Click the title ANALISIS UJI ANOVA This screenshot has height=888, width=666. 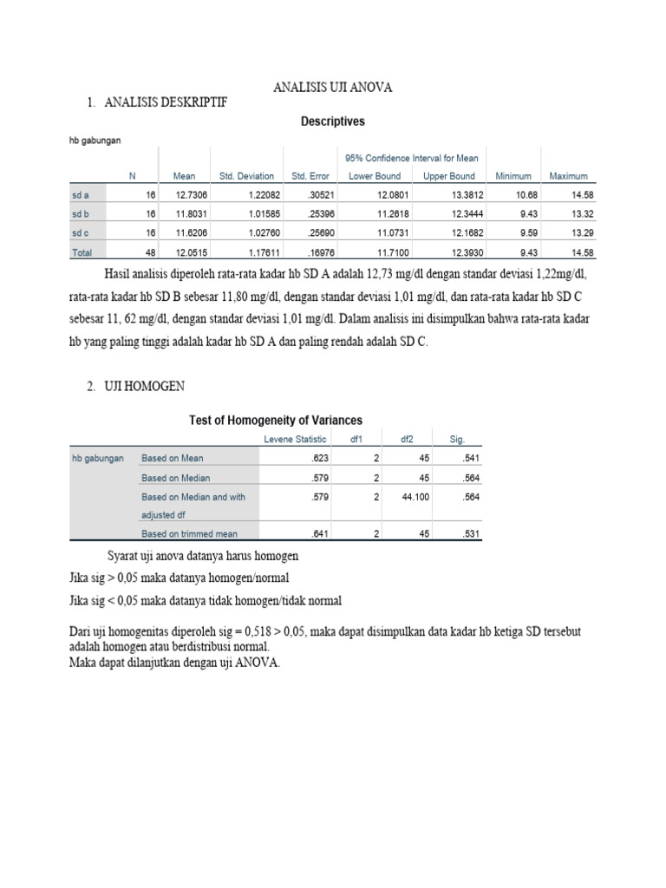[x=332, y=87]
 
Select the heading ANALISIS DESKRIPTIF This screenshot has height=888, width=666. [x=165, y=103]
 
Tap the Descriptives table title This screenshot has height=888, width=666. [x=332, y=122]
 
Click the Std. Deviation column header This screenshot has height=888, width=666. [x=246, y=176]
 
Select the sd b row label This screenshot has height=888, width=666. [x=82, y=214]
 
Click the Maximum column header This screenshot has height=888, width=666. [x=568, y=176]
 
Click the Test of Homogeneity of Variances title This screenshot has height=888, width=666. [x=276, y=421]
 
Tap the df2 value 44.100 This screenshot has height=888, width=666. [x=415, y=497]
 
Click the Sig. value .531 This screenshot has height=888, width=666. [x=467, y=534]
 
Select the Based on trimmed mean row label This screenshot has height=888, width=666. [x=189, y=534]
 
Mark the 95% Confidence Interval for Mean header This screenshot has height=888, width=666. [x=412, y=158]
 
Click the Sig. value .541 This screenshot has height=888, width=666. [x=467, y=458]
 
